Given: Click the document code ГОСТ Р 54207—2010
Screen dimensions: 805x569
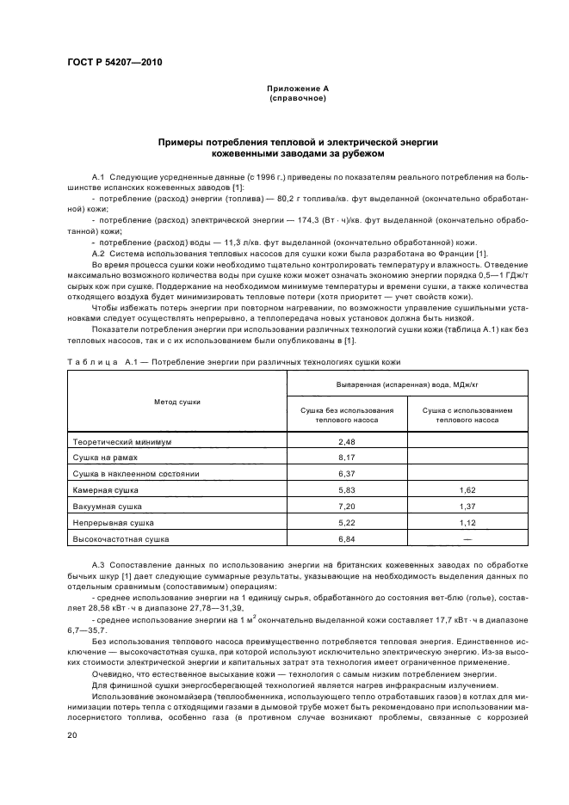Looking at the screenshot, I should coord(114,63).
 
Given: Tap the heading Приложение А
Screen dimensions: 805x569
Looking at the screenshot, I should coord(297,88).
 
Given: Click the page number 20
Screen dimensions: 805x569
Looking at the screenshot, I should coord(71,735).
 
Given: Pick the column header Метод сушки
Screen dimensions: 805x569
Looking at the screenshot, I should coord(176,401).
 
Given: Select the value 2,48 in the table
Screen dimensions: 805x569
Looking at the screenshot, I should coord(347,441).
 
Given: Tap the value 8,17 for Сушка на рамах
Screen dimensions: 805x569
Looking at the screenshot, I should coord(347,458).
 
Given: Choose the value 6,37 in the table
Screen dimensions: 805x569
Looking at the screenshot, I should coord(347,473).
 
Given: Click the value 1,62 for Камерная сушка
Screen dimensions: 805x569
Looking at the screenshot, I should coord(467,489).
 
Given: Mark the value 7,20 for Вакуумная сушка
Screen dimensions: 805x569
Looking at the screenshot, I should coord(347,506).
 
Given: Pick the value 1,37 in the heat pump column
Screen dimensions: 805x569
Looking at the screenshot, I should coord(467,506).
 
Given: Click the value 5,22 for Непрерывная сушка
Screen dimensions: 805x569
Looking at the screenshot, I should coord(347,522).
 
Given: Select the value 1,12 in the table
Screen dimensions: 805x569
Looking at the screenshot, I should coord(467,522).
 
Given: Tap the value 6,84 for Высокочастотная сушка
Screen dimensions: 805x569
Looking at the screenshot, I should coord(347,538).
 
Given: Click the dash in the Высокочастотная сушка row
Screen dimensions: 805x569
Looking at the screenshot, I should coord(467,538).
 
